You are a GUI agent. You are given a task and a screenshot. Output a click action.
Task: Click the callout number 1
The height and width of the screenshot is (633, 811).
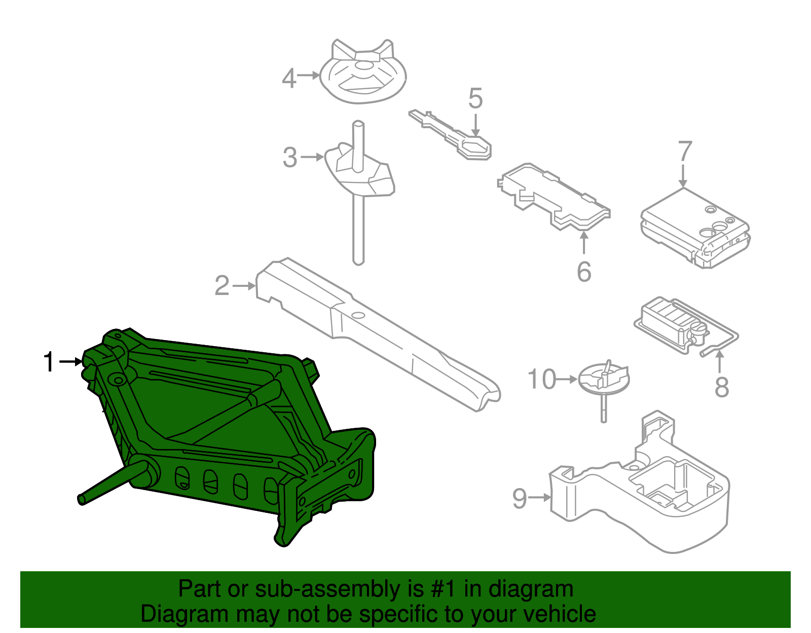tap(49, 362)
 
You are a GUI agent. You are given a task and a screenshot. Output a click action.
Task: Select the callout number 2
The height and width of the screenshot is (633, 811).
tap(222, 286)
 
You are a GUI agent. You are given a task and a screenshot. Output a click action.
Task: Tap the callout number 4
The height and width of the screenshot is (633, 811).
tap(289, 79)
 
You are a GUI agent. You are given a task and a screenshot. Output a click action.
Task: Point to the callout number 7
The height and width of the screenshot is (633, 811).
tap(684, 152)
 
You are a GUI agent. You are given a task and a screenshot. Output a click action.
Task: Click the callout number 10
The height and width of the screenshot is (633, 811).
tap(542, 380)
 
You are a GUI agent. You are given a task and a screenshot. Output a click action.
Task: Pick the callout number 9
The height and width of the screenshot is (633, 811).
tap(520, 498)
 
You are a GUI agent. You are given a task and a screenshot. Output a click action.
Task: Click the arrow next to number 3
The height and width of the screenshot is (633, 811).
tap(312, 157)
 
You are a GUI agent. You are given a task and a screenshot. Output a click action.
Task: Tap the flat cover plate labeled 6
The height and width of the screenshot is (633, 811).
tap(555, 198)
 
